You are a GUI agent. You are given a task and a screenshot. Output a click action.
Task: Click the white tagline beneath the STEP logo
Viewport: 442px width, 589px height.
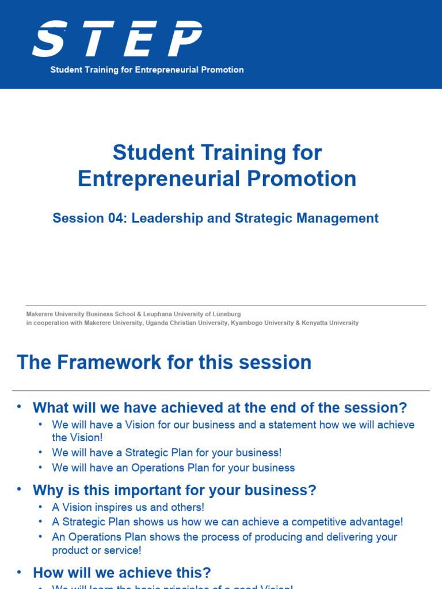(x=147, y=70)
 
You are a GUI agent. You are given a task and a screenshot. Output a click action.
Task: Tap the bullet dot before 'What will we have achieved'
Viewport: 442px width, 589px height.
(x=19, y=407)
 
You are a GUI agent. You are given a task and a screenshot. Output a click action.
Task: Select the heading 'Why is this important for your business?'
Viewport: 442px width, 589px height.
(x=174, y=491)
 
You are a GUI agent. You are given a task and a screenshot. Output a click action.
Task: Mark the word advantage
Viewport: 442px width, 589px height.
(x=375, y=522)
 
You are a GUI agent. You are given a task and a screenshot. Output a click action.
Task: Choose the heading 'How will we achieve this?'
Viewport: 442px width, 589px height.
(x=122, y=573)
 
